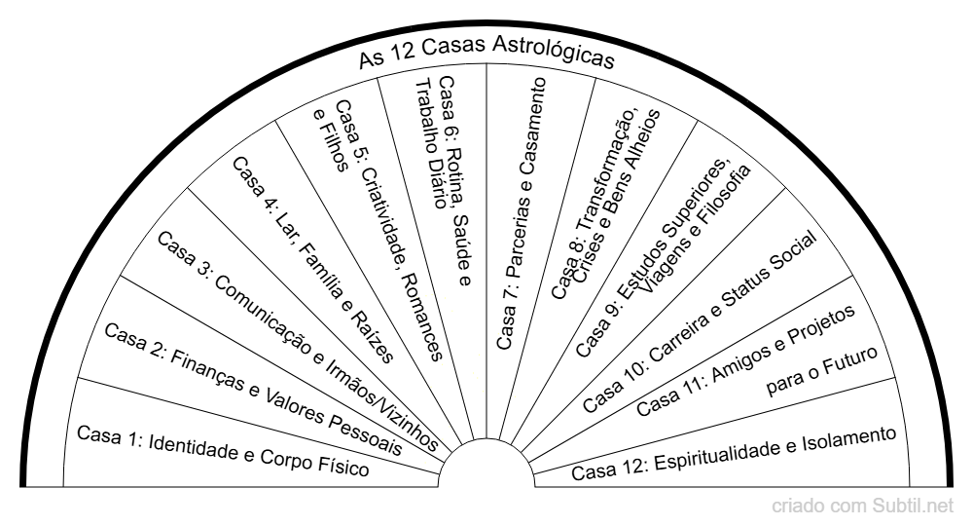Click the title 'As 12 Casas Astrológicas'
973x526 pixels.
[486, 52]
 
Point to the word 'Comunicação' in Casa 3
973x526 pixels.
[266, 316]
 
